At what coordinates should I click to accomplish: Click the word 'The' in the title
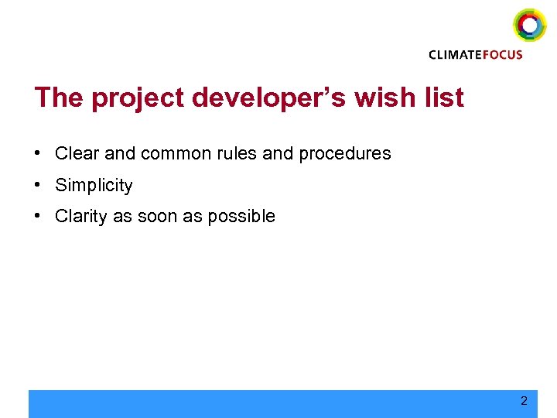60,98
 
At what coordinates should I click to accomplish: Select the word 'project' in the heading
139,99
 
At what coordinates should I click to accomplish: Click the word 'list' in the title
446,98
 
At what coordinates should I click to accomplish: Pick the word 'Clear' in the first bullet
77,153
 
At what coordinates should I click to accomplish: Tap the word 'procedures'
344,154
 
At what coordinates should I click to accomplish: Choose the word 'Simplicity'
94,186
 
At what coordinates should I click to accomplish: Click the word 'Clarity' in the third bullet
81,217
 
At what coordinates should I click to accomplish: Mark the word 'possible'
244,217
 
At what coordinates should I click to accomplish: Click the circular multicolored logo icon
529,25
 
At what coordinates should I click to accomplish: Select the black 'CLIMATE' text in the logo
456,55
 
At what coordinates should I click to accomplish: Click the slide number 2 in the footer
524,401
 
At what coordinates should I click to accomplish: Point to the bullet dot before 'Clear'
38,152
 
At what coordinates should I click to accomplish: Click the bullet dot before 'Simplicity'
38,184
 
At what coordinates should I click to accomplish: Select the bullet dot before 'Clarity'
38,215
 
